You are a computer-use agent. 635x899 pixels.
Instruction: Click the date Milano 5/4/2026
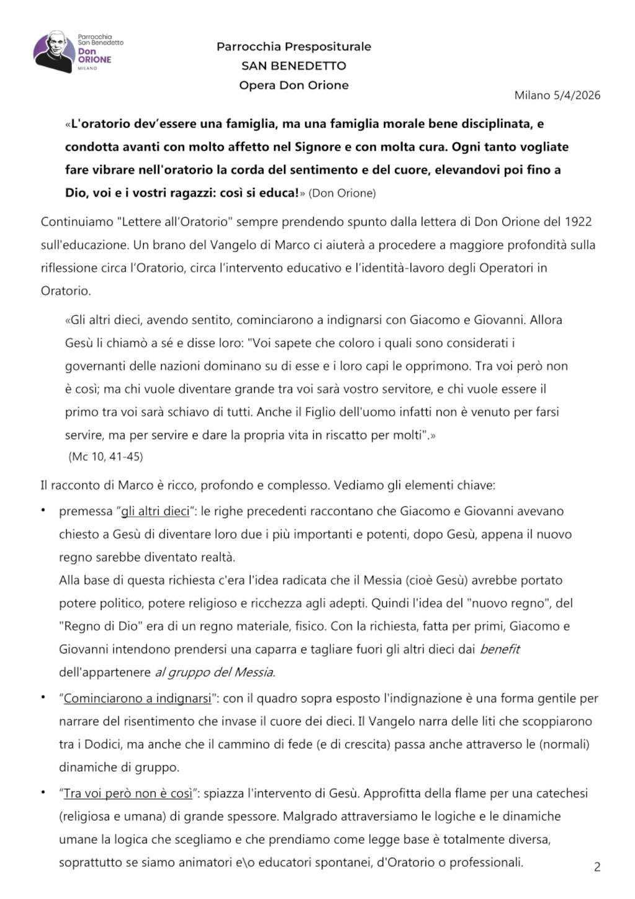coord(557,95)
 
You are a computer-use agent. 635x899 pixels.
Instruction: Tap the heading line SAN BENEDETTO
coord(293,66)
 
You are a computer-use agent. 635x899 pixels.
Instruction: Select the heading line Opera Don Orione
coord(293,85)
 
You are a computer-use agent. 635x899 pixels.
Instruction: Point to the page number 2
coord(597,867)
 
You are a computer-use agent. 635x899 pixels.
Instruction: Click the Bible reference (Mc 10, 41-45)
coord(105,457)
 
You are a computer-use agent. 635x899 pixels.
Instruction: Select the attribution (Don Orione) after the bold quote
coord(342,193)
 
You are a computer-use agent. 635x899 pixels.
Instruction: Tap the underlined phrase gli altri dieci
coord(155,511)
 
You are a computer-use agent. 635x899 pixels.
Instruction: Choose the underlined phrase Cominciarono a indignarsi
coord(137,698)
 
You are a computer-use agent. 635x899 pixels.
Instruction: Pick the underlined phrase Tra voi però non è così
coord(128,794)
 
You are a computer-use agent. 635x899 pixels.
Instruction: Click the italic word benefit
coord(500,649)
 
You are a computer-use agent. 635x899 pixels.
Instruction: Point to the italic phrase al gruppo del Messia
coord(214,672)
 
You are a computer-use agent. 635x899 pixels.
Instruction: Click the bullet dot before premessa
coord(43,510)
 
